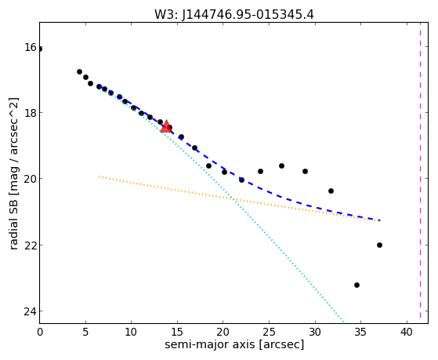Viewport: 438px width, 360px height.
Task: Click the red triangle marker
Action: (166, 126)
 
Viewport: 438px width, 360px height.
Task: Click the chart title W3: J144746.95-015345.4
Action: (234, 14)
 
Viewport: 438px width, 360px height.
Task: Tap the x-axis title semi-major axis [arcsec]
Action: (234, 344)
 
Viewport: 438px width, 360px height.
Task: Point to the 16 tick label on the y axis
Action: (30, 47)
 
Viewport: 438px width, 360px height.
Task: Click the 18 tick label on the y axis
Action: (30, 113)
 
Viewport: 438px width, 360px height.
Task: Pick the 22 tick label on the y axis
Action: (30, 245)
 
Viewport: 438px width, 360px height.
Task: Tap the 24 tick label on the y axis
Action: (30, 311)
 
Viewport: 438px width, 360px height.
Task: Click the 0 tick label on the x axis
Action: (40, 332)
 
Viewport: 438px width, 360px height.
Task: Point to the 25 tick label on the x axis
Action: (269, 332)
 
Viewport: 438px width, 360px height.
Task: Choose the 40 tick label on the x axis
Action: (407, 332)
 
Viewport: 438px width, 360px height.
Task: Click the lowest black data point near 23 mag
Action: (357, 285)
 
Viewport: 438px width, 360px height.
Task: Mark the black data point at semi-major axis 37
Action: (379, 245)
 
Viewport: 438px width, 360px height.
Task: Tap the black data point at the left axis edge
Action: (40, 49)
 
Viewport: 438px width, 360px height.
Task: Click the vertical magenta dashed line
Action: (420, 173)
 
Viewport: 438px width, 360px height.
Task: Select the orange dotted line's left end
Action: (100, 176)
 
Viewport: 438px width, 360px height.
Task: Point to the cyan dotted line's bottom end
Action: (343, 322)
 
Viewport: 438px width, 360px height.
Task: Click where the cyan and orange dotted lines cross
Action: (233, 199)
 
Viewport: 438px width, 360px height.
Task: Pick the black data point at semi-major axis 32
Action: (331, 191)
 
